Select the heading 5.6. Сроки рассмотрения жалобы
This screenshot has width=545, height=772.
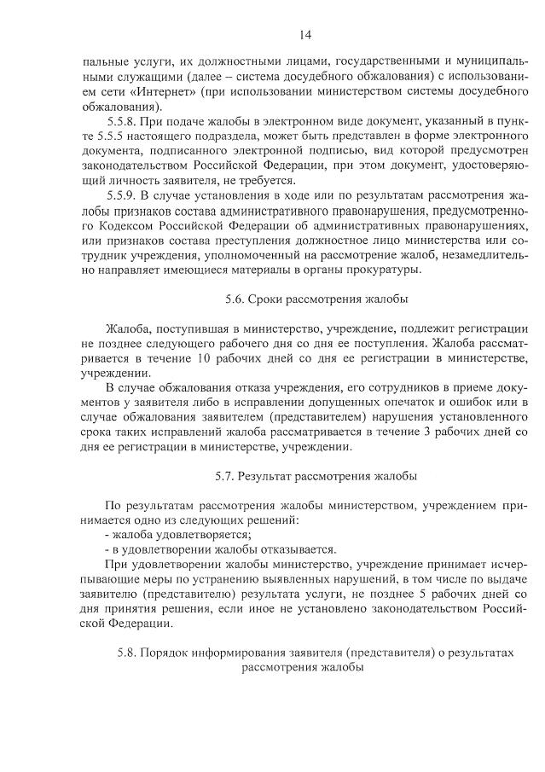[316, 299]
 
